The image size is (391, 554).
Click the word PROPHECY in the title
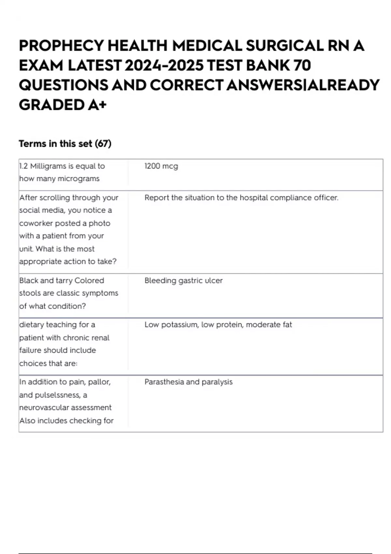pos(61,46)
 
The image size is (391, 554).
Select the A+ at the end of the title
pos(97,105)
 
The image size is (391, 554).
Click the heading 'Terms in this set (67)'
pos(65,144)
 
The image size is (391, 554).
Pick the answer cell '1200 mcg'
pos(161,166)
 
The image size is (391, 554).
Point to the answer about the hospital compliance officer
pos(241,198)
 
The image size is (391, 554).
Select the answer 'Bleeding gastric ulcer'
pos(183,281)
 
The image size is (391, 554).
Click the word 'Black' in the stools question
pos(29,281)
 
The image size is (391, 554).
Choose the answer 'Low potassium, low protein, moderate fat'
pos(218,325)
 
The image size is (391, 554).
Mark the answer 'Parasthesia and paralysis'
pos(188,382)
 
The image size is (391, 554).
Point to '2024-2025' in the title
pos(164,66)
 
